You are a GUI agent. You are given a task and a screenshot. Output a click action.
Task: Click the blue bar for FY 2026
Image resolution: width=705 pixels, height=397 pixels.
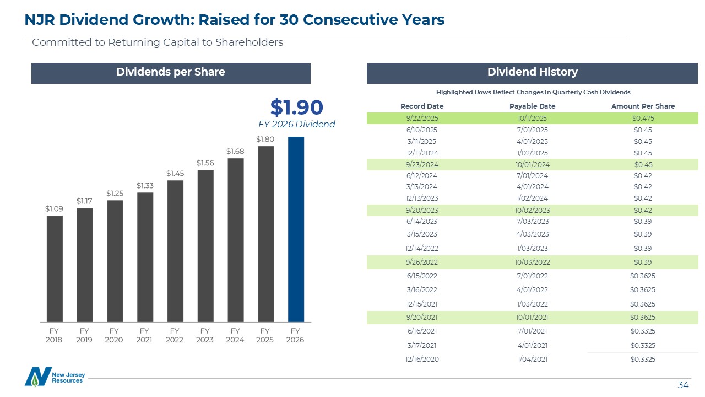[296, 229]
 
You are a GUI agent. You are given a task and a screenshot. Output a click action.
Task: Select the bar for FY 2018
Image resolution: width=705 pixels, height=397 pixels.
[55, 269]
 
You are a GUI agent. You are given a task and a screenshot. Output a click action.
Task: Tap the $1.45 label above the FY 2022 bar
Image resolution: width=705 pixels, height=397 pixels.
[175, 173]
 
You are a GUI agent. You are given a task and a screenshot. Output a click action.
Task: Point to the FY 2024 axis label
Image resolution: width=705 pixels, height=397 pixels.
[235, 335]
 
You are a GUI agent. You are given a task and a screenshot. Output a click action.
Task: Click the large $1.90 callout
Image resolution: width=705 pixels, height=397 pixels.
[296, 106]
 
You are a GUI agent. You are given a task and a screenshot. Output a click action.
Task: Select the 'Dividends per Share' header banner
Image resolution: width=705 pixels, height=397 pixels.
[171, 72]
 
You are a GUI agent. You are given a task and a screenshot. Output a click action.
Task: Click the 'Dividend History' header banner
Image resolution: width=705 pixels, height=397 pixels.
[532, 72]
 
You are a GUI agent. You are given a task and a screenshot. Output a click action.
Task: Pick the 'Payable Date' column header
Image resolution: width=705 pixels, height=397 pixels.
[532, 106]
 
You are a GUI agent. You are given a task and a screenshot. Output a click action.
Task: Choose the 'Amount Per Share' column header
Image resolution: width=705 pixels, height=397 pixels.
[643, 106]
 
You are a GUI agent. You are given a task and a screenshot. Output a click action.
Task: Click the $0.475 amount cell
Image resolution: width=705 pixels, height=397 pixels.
[643, 118]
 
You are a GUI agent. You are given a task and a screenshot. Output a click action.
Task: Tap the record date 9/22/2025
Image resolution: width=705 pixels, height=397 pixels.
[421, 118]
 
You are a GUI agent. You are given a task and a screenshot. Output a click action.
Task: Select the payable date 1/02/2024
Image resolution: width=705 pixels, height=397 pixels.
[532, 198]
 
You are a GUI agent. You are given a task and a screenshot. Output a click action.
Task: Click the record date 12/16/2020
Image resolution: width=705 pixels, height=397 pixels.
[421, 360]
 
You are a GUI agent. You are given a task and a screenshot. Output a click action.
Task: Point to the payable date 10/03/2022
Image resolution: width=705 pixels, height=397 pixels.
[532, 262]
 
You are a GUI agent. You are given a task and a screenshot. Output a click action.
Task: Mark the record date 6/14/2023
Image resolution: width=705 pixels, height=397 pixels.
[421, 222]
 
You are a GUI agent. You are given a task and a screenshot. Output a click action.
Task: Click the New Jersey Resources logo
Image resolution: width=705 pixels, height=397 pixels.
[54, 377]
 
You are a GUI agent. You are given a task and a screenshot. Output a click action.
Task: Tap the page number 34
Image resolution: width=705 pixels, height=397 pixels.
[683, 385]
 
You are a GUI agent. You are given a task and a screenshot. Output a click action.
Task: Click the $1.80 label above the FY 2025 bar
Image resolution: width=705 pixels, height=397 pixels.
[265, 140]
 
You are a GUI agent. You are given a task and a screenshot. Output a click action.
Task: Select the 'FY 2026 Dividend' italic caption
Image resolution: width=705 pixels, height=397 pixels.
[296, 124]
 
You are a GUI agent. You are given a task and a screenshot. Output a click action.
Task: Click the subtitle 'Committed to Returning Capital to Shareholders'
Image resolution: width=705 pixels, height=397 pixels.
[158, 42]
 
